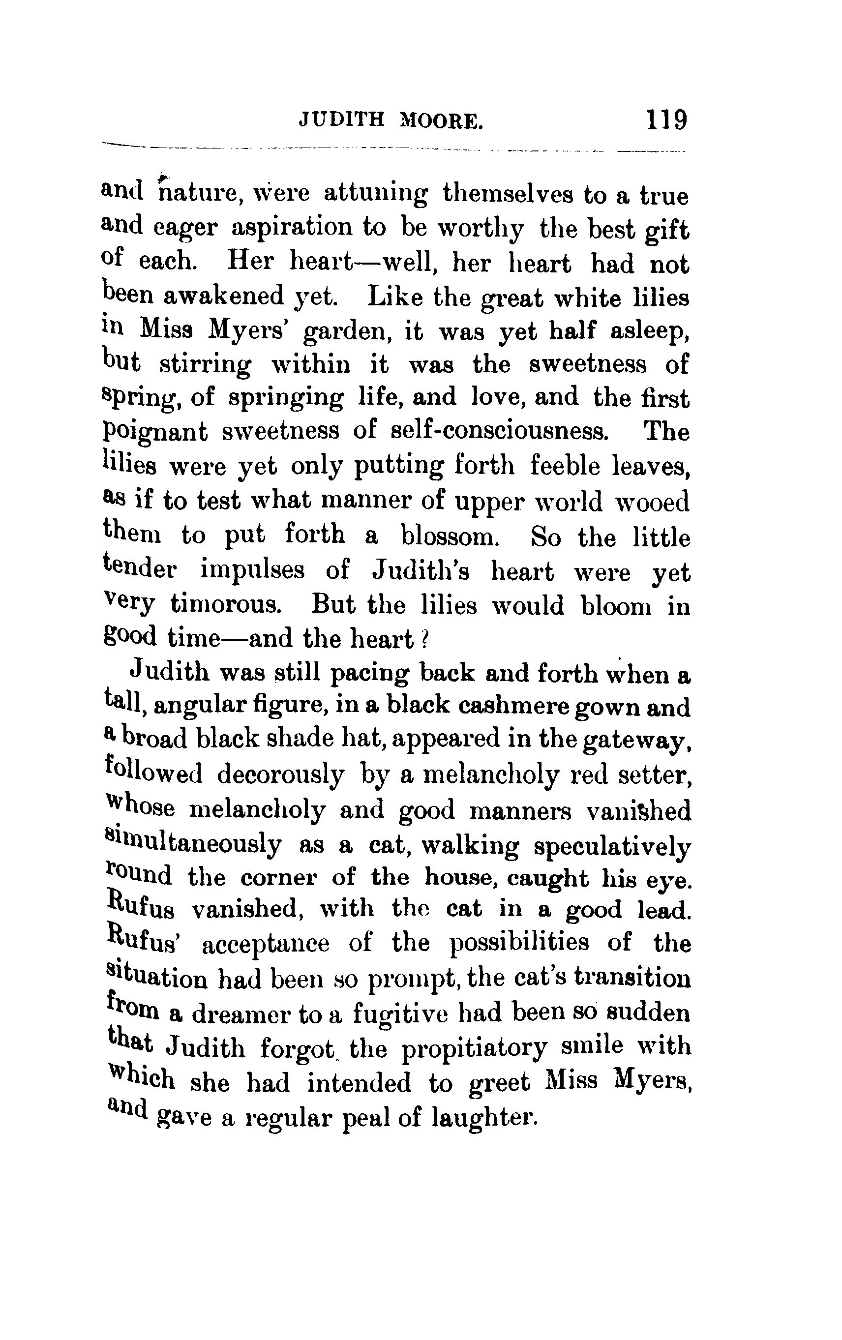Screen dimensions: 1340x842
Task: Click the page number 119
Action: coord(666,119)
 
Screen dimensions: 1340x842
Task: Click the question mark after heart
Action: coord(422,639)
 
